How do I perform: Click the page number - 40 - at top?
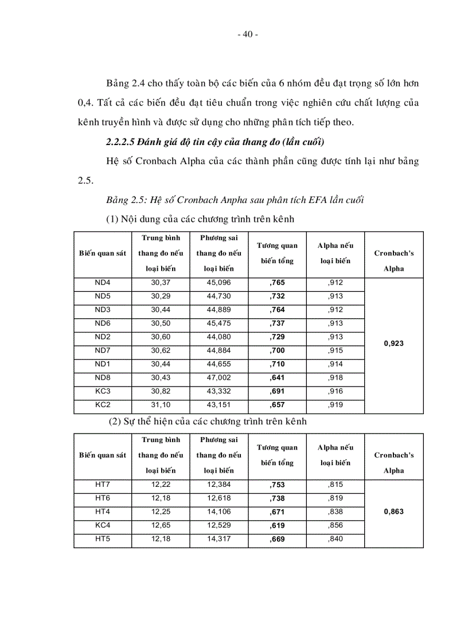pos(247,34)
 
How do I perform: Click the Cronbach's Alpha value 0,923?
pos(393,344)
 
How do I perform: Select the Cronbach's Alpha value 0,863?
pos(393,512)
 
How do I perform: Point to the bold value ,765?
pos(277,283)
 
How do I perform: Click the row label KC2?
pos(103,405)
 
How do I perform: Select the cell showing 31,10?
pos(161,405)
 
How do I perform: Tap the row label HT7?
pos(103,485)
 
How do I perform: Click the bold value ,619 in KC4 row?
pos(277,525)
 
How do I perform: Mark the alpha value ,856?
pos(336,525)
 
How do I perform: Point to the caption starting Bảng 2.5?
pos(235,200)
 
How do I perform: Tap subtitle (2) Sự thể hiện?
pos(208,421)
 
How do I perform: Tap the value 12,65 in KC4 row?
pos(161,525)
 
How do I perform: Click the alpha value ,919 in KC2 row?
pos(336,405)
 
